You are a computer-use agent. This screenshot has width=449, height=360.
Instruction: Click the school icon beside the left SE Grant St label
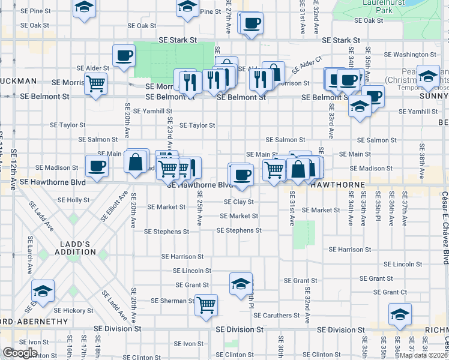pos(241,283)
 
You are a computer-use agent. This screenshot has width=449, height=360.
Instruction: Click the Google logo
pos(20,353)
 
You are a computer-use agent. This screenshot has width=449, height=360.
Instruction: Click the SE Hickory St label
pos(71,311)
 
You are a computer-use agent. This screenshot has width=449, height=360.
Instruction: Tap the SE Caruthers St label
pos(277,315)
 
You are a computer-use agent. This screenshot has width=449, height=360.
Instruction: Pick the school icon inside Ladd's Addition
pos(43,291)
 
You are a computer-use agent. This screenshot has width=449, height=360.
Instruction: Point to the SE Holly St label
pos(73,200)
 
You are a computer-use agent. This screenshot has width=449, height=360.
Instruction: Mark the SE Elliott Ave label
pos(115,206)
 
